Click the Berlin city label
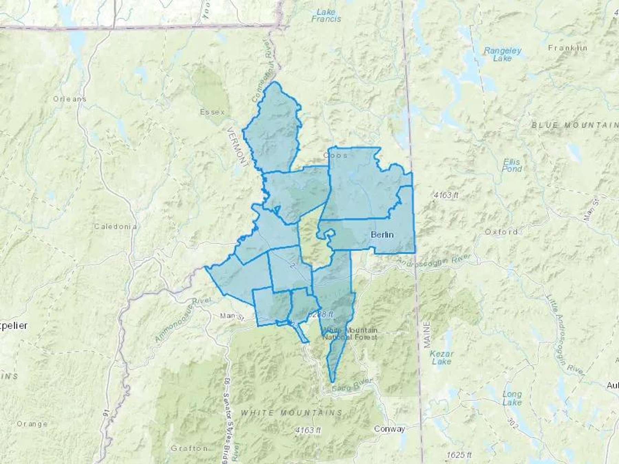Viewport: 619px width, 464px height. click(x=382, y=235)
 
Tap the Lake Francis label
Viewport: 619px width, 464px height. click(x=326, y=15)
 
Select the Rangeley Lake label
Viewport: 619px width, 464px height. click(x=502, y=54)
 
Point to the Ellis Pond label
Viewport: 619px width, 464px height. click(x=512, y=165)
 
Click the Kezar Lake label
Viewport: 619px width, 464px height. click(x=442, y=357)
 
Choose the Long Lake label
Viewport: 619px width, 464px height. click(x=512, y=398)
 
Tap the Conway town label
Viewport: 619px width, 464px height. click(x=389, y=429)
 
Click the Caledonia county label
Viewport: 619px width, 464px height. click(x=116, y=227)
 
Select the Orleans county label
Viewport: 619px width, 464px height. click(x=69, y=99)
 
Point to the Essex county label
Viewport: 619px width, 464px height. click(x=212, y=112)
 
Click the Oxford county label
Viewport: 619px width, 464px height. click(x=501, y=232)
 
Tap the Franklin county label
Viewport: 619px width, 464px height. click(x=568, y=48)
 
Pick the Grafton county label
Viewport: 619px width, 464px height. click(x=189, y=449)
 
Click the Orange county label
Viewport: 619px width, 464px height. click(x=32, y=424)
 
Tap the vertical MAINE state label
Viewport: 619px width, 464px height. click(x=427, y=335)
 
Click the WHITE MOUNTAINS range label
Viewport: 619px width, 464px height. click(x=291, y=412)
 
